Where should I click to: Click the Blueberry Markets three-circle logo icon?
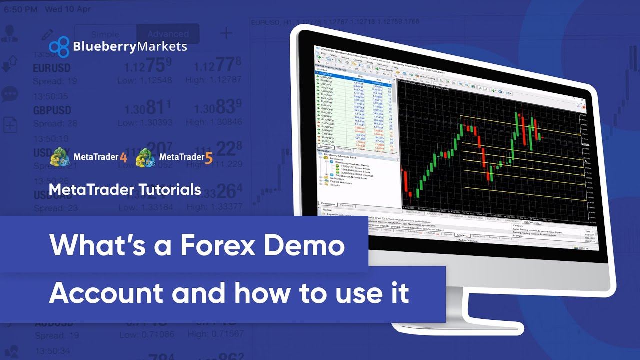tap(59, 47)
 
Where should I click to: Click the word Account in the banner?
tap(106, 293)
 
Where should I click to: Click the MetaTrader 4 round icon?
tap(60, 157)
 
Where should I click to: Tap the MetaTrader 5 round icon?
tap(146, 157)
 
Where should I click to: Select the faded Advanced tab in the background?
tap(168, 34)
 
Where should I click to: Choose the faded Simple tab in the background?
tap(105, 34)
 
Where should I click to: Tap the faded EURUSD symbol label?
tap(51, 68)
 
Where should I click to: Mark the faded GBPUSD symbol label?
tap(52, 110)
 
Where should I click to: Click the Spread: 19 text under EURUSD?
tap(55, 81)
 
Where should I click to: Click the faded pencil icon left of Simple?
tap(47, 34)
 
